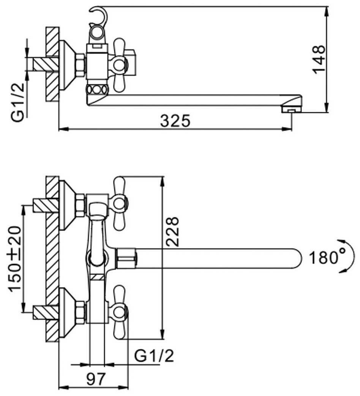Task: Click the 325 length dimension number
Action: point(175,121)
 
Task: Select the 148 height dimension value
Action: point(318,60)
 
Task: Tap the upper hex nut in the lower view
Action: point(81,205)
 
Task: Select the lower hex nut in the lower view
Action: point(81,312)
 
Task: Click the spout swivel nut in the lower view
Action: point(127,258)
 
